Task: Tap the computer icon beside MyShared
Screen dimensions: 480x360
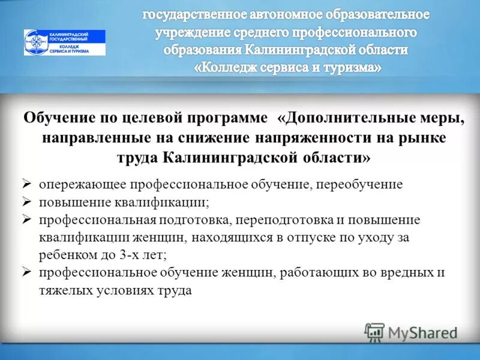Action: [374, 332]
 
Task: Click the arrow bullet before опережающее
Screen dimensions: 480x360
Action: [26, 184]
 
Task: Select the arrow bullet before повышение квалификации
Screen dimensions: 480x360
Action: [26, 202]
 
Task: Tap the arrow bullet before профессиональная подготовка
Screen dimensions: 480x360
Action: [26, 220]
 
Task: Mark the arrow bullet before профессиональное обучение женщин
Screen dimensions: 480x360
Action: [26, 272]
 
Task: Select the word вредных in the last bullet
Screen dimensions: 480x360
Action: [406, 273]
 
